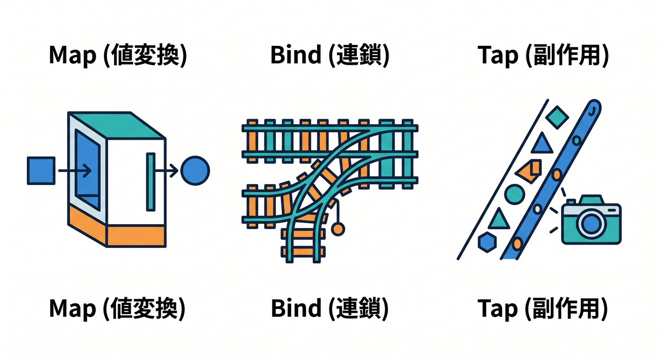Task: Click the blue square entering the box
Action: pos(41,171)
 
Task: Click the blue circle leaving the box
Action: pos(195,171)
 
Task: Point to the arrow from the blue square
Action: pos(75,171)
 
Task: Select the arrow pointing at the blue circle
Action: pos(166,171)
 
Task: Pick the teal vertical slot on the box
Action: pos(150,182)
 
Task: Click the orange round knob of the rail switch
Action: pos(338,229)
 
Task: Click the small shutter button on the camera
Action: pos(571,202)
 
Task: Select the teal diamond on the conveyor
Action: pos(557,117)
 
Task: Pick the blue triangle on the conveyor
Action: pos(542,143)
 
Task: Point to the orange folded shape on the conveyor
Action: pos(529,171)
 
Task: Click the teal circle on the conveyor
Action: pos(514,195)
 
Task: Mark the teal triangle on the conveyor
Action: pos(499,219)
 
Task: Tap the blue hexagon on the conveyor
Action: pos(487,242)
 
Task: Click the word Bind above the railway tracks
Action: pos(296,55)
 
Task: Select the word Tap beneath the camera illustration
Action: pos(497,308)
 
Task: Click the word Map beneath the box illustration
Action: pos(73,308)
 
